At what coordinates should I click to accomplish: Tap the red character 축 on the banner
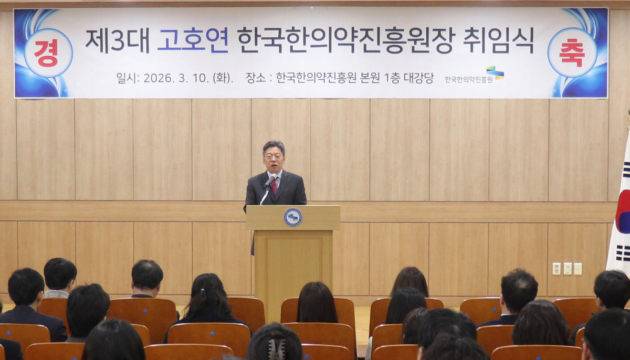pyautogui.click(x=572, y=52)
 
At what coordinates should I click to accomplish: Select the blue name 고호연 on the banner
pyautogui.click(x=193, y=40)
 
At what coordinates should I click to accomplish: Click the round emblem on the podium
pyautogui.click(x=293, y=217)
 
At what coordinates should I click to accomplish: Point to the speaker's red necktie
pyautogui.click(x=274, y=185)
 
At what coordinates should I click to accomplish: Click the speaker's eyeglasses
pyautogui.click(x=274, y=156)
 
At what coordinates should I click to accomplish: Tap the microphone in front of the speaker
pyautogui.click(x=270, y=182)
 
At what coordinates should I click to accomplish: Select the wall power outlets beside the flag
pyautogui.click(x=566, y=269)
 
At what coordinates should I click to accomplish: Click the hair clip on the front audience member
pyautogui.click(x=277, y=348)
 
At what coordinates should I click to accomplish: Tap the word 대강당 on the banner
pyautogui.click(x=419, y=78)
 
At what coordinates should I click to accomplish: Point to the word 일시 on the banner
pyautogui.click(x=128, y=78)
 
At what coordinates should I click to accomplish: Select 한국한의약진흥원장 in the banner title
pyautogui.click(x=345, y=40)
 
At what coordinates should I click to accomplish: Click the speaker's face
pyautogui.click(x=274, y=157)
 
